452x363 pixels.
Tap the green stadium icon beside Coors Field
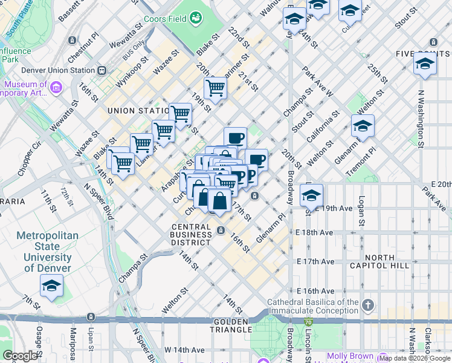click(196, 19)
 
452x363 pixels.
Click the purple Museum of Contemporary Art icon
click(56, 88)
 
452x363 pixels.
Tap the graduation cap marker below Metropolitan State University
click(51, 286)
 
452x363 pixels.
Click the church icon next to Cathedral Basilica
click(369, 303)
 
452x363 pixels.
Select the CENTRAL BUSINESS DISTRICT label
click(191, 235)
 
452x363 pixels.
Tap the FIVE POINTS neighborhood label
click(423, 54)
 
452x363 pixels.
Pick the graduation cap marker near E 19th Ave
click(311, 195)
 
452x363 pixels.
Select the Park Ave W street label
click(318, 81)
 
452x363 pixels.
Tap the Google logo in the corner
click(20, 356)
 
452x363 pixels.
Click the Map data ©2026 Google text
click(414, 358)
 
